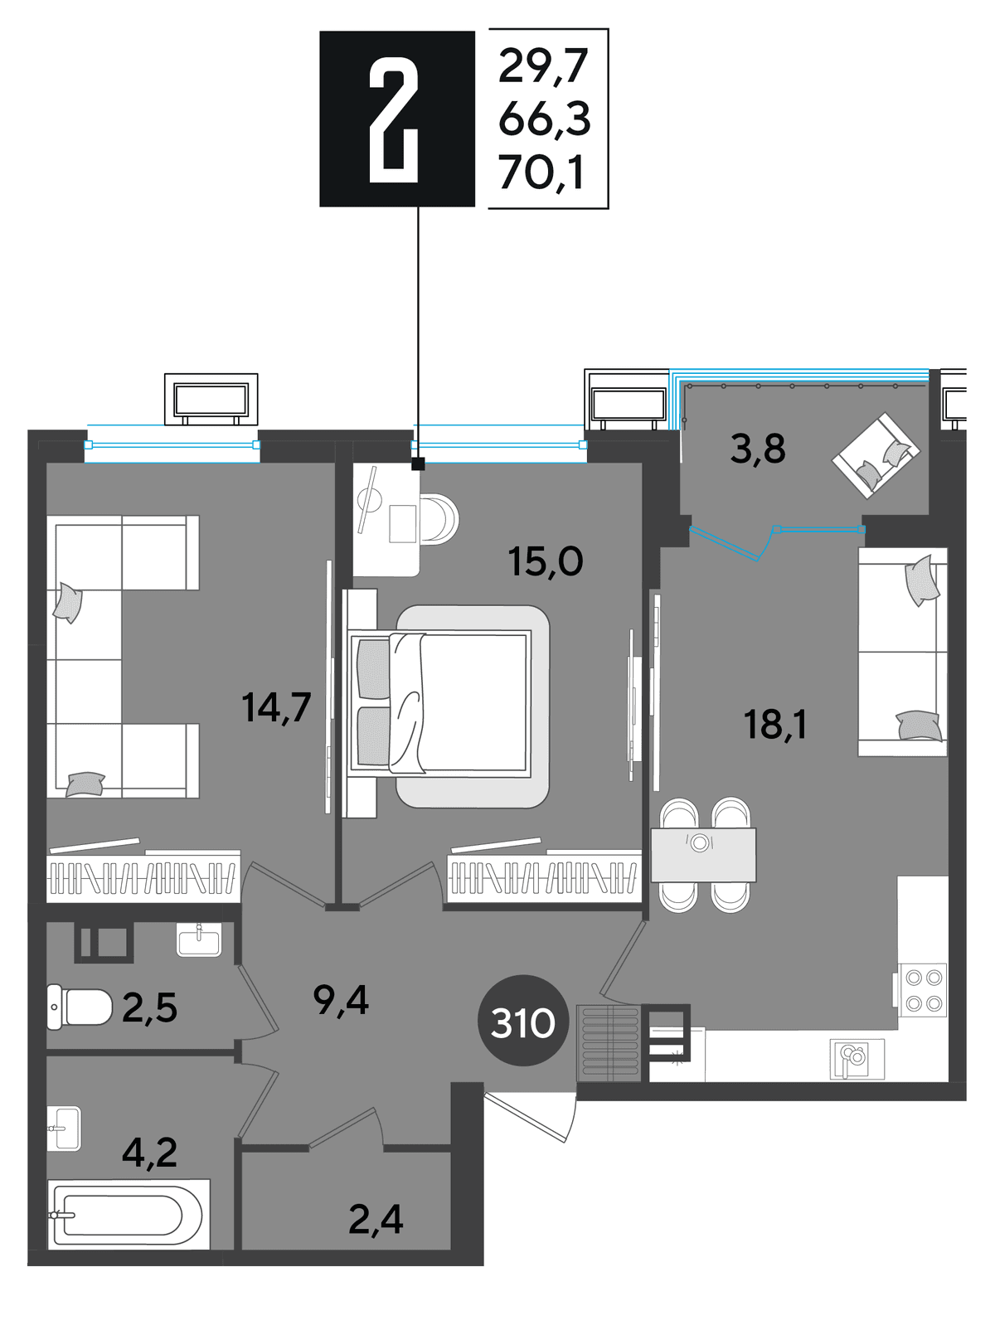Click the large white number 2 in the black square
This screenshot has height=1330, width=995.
point(394,119)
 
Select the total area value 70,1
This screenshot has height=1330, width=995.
point(541,172)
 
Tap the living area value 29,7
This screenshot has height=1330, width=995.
point(543,66)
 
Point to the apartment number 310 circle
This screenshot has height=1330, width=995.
point(523,1023)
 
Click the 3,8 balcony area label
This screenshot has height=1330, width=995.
point(758,449)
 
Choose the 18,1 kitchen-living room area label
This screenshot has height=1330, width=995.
point(775,724)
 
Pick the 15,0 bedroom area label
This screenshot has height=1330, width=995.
point(546,561)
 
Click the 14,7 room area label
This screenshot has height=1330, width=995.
point(276,707)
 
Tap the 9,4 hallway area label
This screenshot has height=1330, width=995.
point(341,1000)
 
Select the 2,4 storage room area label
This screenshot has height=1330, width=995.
point(376,1219)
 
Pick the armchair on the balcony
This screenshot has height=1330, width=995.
point(876,455)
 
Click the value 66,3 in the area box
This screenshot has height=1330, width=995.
point(544,119)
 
